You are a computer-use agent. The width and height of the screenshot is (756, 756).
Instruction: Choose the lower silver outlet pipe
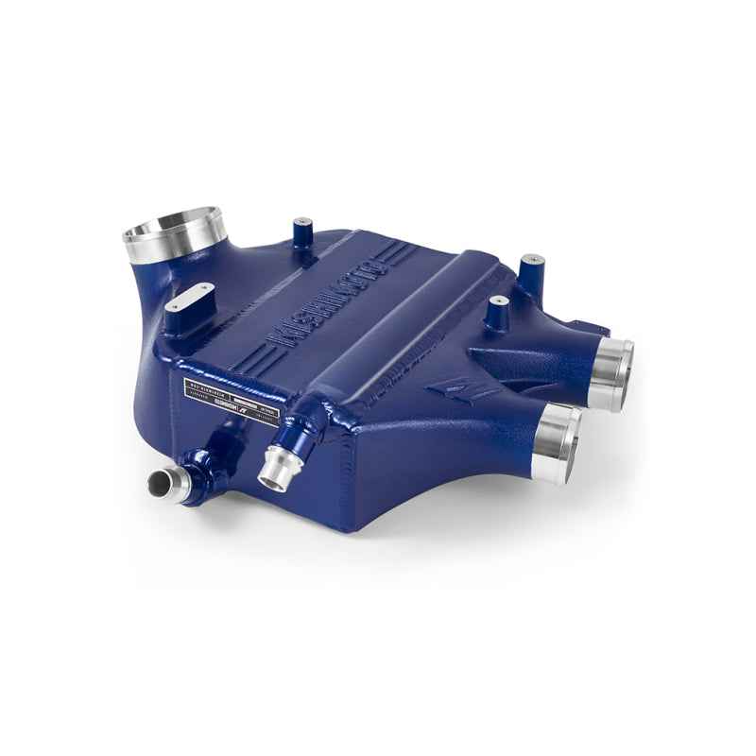point(558,440)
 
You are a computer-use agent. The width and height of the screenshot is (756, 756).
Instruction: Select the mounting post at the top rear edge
point(301,232)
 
